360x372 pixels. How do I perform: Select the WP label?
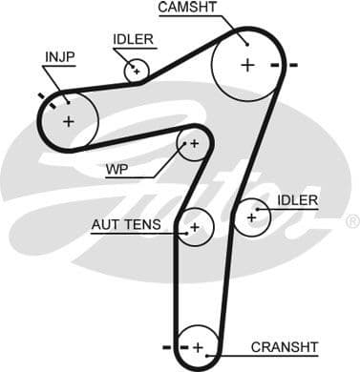[117, 171]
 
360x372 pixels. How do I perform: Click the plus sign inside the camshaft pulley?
[247, 65]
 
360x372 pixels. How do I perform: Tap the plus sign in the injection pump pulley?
[68, 121]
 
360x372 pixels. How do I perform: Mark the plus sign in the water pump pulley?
[194, 144]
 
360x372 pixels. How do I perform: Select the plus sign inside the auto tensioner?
[195, 227]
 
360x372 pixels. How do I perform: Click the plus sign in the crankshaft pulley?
[198, 346]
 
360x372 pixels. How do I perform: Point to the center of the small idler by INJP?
[137, 70]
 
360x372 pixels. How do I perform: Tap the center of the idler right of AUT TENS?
[252, 217]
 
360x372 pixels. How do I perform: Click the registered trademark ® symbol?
[351, 221]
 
